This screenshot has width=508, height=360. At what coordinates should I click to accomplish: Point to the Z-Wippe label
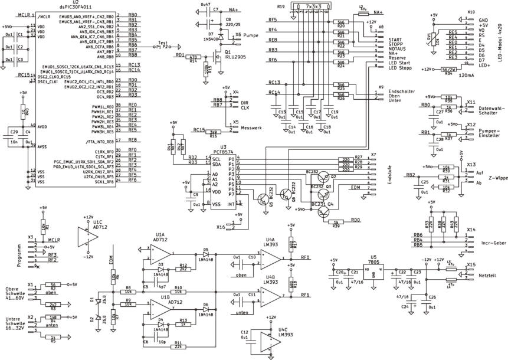[490, 178]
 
